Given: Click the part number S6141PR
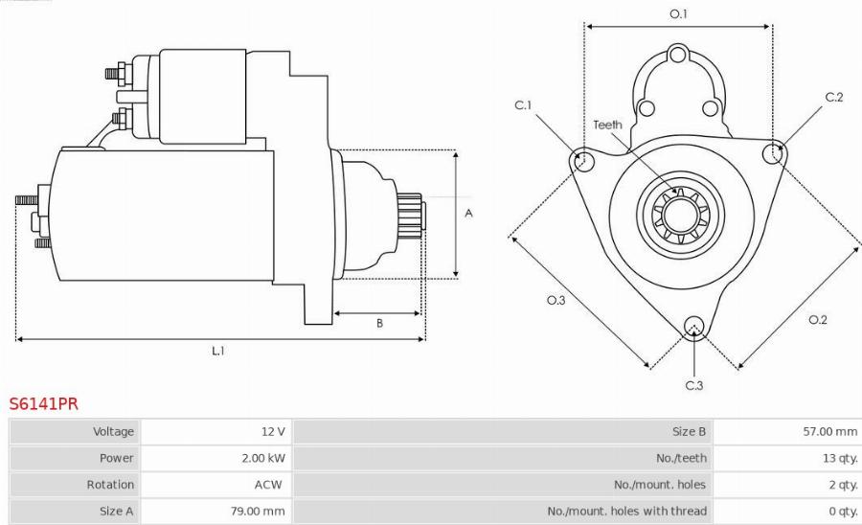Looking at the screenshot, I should pyautogui.click(x=43, y=404).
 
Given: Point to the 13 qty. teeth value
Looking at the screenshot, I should pyautogui.click(x=838, y=458).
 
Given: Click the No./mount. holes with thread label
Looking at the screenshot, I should pyautogui.click(x=626, y=511).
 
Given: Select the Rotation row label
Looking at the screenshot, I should pyautogui.click(x=110, y=485).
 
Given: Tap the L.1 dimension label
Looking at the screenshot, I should pyautogui.click(x=218, y=351).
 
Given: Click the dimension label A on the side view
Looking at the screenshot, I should pyautogui.click(x=468, y=213).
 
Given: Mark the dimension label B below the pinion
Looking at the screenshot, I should pyautogui.click(x=379, y=323).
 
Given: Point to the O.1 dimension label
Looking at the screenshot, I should pyautogui.click(x=678, y=13).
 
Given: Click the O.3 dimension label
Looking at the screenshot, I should pyautogui.click(x=556, y=301).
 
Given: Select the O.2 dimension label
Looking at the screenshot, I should pyautogui.click(x=817, y=319).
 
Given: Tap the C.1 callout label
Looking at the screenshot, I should pyautogui.click(x=523, y=105).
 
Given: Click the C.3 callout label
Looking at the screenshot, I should pyautogui.click(x=694, y=385).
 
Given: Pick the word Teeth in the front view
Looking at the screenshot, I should pyautogui.click(x=607, y=125).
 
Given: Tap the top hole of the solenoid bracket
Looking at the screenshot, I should pyautogui.click(x=678, y=54).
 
